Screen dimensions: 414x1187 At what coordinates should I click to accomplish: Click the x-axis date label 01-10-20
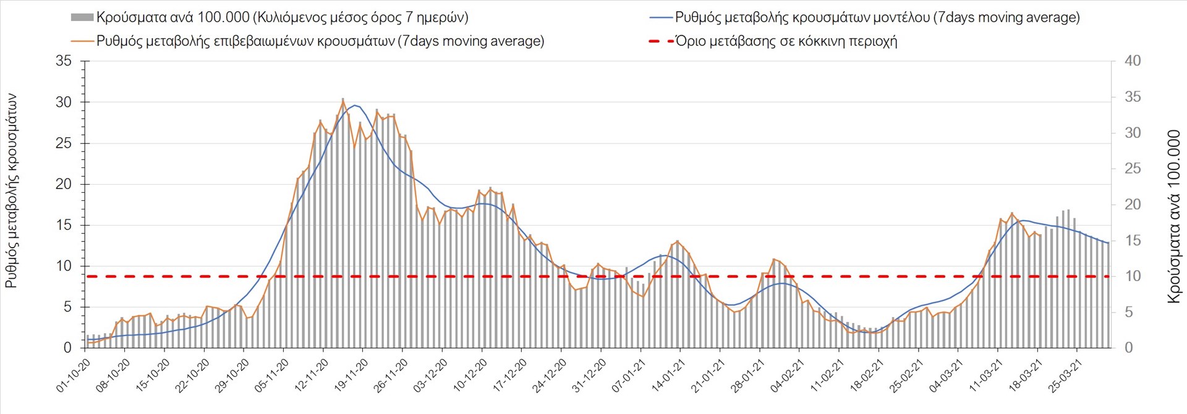tap(73, 376)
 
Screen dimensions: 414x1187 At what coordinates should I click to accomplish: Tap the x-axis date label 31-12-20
tap(589, 376)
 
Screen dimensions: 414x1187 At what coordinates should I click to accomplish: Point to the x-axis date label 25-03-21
tap(1065, 376)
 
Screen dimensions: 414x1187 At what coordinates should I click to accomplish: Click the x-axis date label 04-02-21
tap(787, 376)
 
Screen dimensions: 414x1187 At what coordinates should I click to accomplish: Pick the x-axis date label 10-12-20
tap(470, 376)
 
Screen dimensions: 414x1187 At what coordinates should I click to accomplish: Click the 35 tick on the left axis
tap(64, 61)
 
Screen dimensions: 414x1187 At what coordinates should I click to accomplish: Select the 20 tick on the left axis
tap(64, 184)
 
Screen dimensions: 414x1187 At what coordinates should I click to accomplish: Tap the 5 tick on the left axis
tap(68, 307)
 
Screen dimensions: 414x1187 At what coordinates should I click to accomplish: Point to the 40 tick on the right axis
tap(1133, 61)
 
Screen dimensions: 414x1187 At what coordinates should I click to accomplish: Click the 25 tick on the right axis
tap(1133, 169)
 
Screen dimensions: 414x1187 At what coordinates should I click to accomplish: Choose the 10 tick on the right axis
tap(1133, 276)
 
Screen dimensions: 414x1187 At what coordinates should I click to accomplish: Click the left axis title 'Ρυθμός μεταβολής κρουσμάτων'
tap(11, 192)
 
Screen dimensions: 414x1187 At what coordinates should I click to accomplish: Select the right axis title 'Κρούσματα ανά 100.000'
tap(1173, 216)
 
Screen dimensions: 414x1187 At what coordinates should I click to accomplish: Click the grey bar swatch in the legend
tap(82, 17)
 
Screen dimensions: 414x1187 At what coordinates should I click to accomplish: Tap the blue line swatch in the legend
tap(660, 17)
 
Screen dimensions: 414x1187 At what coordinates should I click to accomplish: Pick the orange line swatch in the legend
tap(82, 41)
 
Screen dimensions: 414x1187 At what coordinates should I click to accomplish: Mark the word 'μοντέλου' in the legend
tap(901, 17)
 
